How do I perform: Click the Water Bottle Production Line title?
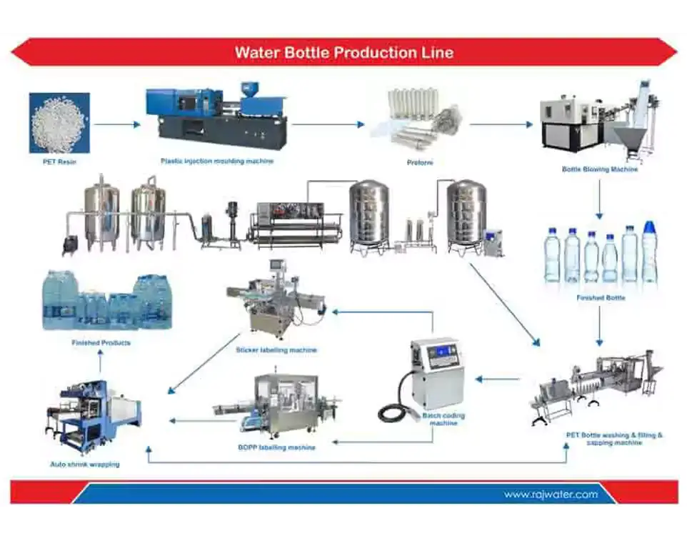[343, 52]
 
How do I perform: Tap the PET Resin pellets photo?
[59, 123]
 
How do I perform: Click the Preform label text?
[420, 163]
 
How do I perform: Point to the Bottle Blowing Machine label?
[600, 169]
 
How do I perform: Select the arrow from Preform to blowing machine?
[501, 124]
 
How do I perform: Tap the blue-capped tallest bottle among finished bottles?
[649, 252]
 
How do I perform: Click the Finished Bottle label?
[601, 297]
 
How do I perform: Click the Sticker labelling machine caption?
[276, 350]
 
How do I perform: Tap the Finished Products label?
[101, 343]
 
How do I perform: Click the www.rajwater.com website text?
[551, 494]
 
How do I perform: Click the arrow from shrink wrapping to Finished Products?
[100, 365]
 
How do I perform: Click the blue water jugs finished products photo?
[107, 300]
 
